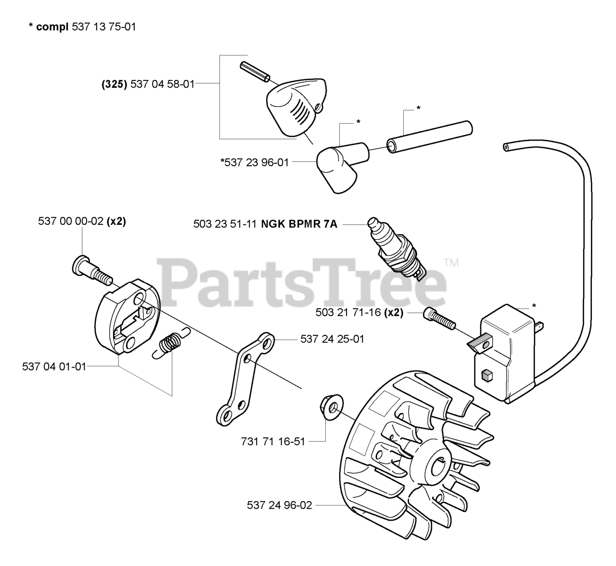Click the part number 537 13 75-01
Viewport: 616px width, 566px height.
pos(103,27)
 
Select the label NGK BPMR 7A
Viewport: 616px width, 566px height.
pos(299,224)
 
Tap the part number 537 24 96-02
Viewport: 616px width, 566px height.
pos(280,505)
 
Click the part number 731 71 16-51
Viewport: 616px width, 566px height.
pos(273,441)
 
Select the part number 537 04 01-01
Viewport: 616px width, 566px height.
pos(54,367)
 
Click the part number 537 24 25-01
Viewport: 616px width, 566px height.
pos(332,339)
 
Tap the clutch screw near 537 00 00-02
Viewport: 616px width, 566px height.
pos(92,270)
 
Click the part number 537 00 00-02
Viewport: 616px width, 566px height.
pos(71,222)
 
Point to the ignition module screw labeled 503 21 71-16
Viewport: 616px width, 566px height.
pos(439,319)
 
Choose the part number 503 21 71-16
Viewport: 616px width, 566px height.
pos(348,312)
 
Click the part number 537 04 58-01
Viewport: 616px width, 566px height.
pos(163,84)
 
